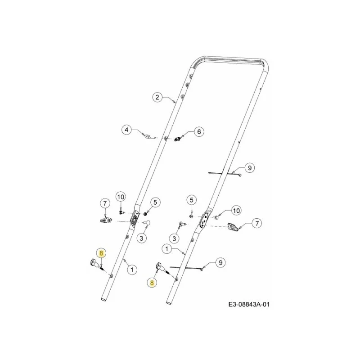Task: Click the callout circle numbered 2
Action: [x=157, y=97]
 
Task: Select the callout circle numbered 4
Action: [x=126, y=130]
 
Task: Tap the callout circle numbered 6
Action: [x=199, y=131]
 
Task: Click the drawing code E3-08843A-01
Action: [x=249, y=305]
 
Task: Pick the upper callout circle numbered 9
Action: [x=250, y=168]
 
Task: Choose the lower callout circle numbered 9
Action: [x=220, y=262]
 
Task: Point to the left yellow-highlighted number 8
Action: [x=102, y=253]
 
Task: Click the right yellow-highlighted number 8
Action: [x=152, y=283]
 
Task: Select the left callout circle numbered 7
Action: [x=105, y=203]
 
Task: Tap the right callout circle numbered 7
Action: [x=256, y=223]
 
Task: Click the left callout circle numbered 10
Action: [x=121, y=197]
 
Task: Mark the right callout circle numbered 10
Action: [x=236, y=210]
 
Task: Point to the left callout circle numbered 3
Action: [x=141, y=238]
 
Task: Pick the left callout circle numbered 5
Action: [x=155, y=202]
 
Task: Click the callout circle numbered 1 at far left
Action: [x=132, y=269]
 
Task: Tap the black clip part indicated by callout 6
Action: [x=177, y=139]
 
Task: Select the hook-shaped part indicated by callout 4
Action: [x=150, y=137]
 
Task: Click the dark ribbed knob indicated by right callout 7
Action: [x=233, y=227]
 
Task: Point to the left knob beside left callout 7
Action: [x=106, y=220]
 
